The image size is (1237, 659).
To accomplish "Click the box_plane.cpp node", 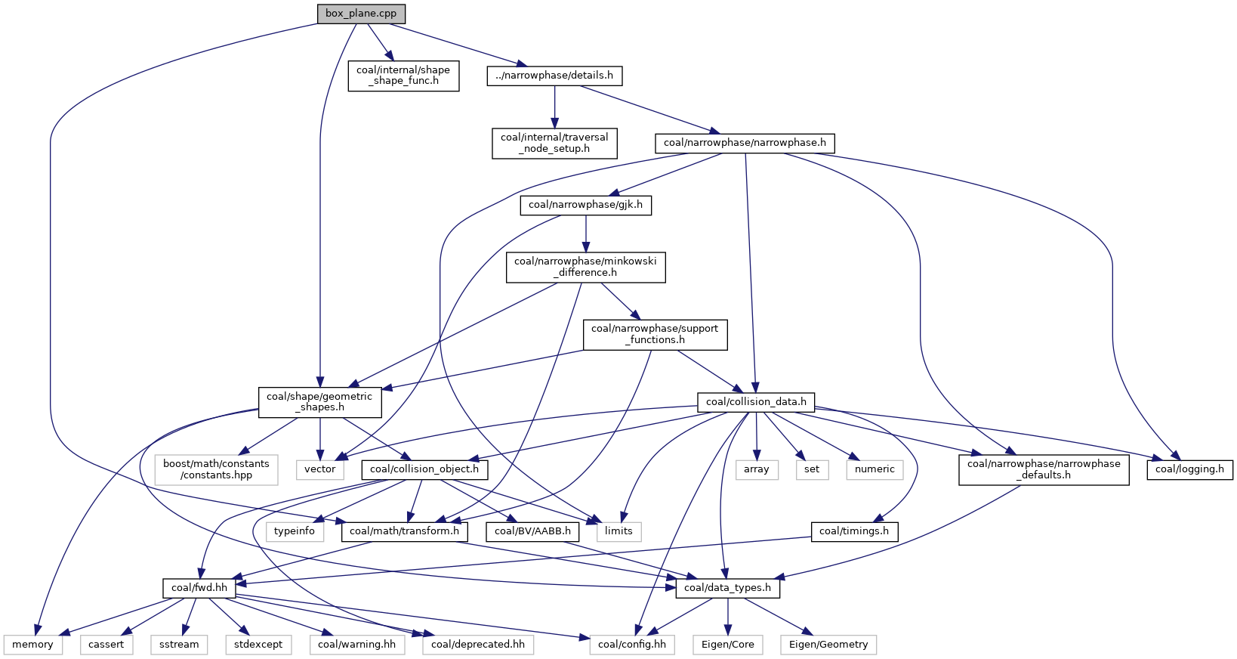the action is click(361, 14).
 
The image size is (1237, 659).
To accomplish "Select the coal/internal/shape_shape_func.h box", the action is click(404, 76).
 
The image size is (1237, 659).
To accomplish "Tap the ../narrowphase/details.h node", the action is click(554, 76).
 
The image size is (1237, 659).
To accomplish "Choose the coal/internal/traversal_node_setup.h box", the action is click(554, 143).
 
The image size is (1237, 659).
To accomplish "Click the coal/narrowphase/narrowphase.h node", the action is click(745, 143).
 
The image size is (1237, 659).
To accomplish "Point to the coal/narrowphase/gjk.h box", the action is click(586, 205).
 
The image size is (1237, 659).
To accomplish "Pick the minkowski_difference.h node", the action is click(586, 267).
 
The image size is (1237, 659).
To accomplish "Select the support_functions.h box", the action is click(655, 335).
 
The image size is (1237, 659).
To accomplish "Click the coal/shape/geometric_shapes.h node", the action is click(319, 402).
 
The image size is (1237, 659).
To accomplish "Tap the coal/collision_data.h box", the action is click(756, 402).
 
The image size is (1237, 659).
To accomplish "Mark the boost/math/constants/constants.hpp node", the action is click(217, 469).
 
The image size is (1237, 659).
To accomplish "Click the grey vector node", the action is click(319, 469).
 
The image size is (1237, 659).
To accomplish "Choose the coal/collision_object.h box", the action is click(424, 469).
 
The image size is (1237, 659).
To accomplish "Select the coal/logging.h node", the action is click(1190, 469).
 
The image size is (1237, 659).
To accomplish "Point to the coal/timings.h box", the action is click(854, 532).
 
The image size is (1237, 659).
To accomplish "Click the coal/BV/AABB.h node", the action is click(533, 532).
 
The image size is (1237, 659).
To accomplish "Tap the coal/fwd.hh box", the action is click(199, 588).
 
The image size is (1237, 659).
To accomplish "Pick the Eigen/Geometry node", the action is click(828, 645).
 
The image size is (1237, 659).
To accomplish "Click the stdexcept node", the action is click(258, 645).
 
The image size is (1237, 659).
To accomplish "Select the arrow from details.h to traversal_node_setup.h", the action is click(554, 107).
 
